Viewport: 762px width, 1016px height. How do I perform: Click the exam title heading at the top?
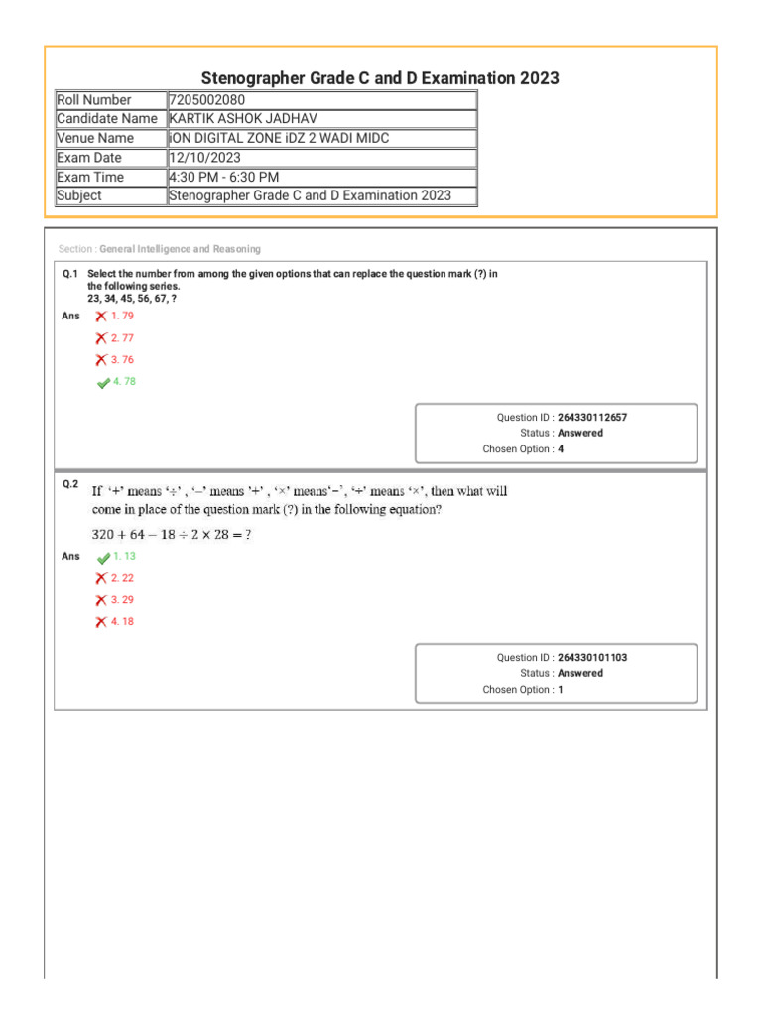(x=380, y=77)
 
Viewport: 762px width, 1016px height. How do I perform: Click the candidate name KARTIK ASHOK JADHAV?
(x=244, y=119)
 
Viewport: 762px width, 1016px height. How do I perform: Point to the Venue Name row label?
(x=95, y=138)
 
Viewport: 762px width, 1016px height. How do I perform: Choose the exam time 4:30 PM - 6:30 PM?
(x=224, y=177)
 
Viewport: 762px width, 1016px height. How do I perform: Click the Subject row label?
(x=79, y=195)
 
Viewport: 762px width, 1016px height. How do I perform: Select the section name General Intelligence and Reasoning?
(x=180, y=249)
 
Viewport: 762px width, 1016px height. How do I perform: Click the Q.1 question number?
(x=69, y=273)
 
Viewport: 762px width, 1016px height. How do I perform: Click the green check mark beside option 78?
(x=104, y=383)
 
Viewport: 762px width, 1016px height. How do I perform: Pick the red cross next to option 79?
(x=101, y=316)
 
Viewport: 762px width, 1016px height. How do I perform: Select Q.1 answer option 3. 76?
(x=122, y=360)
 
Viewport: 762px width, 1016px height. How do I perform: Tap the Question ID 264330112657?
(x=592, y=418)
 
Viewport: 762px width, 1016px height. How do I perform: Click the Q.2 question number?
(x=69, y=484)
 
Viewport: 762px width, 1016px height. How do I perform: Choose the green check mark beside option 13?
(x=104, y=558)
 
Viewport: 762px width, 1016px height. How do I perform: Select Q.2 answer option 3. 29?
(x=122, y=600)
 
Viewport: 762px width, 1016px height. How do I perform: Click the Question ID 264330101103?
(x=592, y=658)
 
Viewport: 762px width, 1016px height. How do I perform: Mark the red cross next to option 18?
(x=101, y=622)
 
